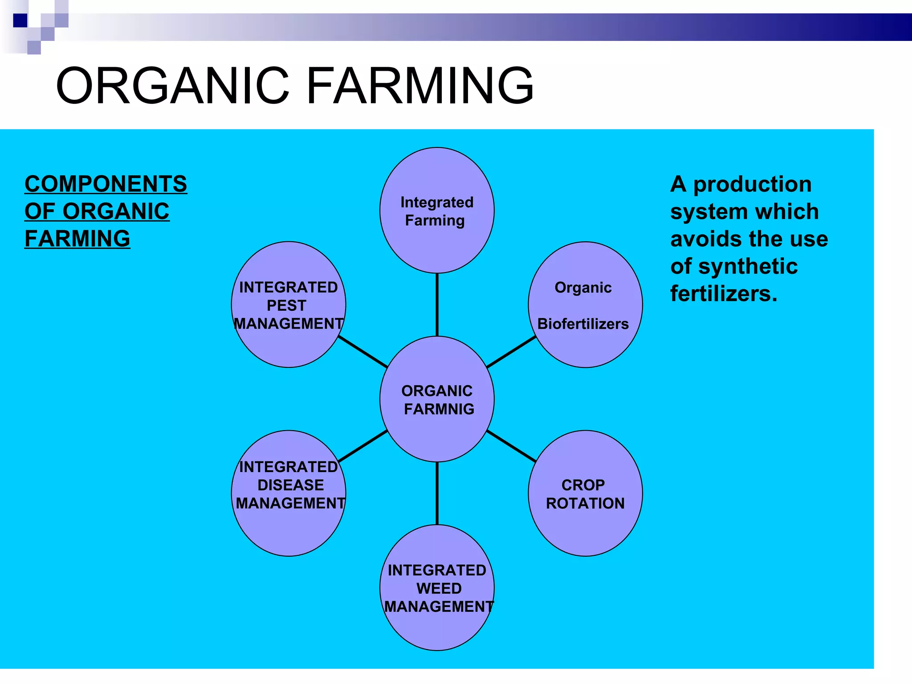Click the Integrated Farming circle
click(437, 240)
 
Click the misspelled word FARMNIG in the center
click(439, 409)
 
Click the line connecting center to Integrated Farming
click(437, 305)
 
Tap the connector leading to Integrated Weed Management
click(437, 493)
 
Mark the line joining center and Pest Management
click(362, 352)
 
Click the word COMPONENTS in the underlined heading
click(106, 184)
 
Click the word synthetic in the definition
click(748, 266)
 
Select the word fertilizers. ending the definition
click(724, 294)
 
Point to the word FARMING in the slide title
click(420, 85)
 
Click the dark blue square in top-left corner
click(20, 20)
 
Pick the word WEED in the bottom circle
click(439, 588)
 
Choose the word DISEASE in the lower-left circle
click(290, 485)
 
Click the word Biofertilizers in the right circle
click(583, 324)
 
